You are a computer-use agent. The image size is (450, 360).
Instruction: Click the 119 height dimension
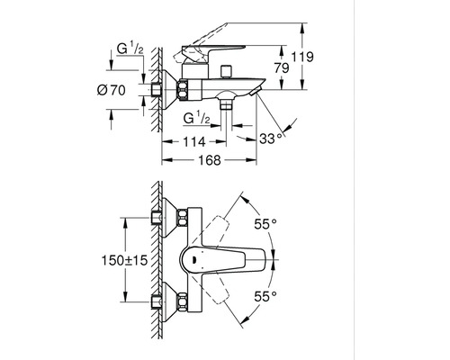coord(302,57)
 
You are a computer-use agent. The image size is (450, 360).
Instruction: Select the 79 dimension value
coord(282,68)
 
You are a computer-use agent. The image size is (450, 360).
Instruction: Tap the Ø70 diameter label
coord(112,90)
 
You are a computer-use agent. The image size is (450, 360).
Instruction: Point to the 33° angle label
coord(271,139)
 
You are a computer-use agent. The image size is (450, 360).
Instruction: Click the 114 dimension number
coord(194,141)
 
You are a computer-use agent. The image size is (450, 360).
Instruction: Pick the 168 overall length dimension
coord(210,160)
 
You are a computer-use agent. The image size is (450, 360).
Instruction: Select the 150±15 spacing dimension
coord(124,260)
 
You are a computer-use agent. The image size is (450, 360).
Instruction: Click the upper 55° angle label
coord(265,224)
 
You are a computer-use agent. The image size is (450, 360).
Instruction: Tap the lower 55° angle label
coord(265,296)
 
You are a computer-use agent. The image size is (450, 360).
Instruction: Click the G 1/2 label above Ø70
coord(130,49)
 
